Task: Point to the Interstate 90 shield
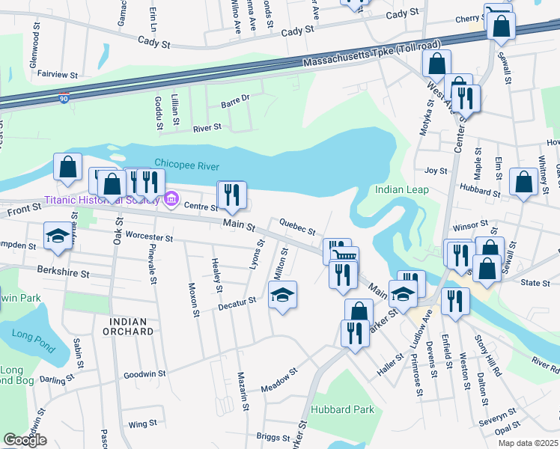[x=64, y=97]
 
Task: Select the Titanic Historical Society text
[x=101, y=200]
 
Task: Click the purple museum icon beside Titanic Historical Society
[x=171, y=199]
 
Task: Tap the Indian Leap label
[x=402, y=189]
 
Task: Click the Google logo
[x=25, y=439]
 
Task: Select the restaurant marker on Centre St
[x=231, y=195]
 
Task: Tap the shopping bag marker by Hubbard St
[x=523, y=182]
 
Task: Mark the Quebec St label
[x=296, y=225]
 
